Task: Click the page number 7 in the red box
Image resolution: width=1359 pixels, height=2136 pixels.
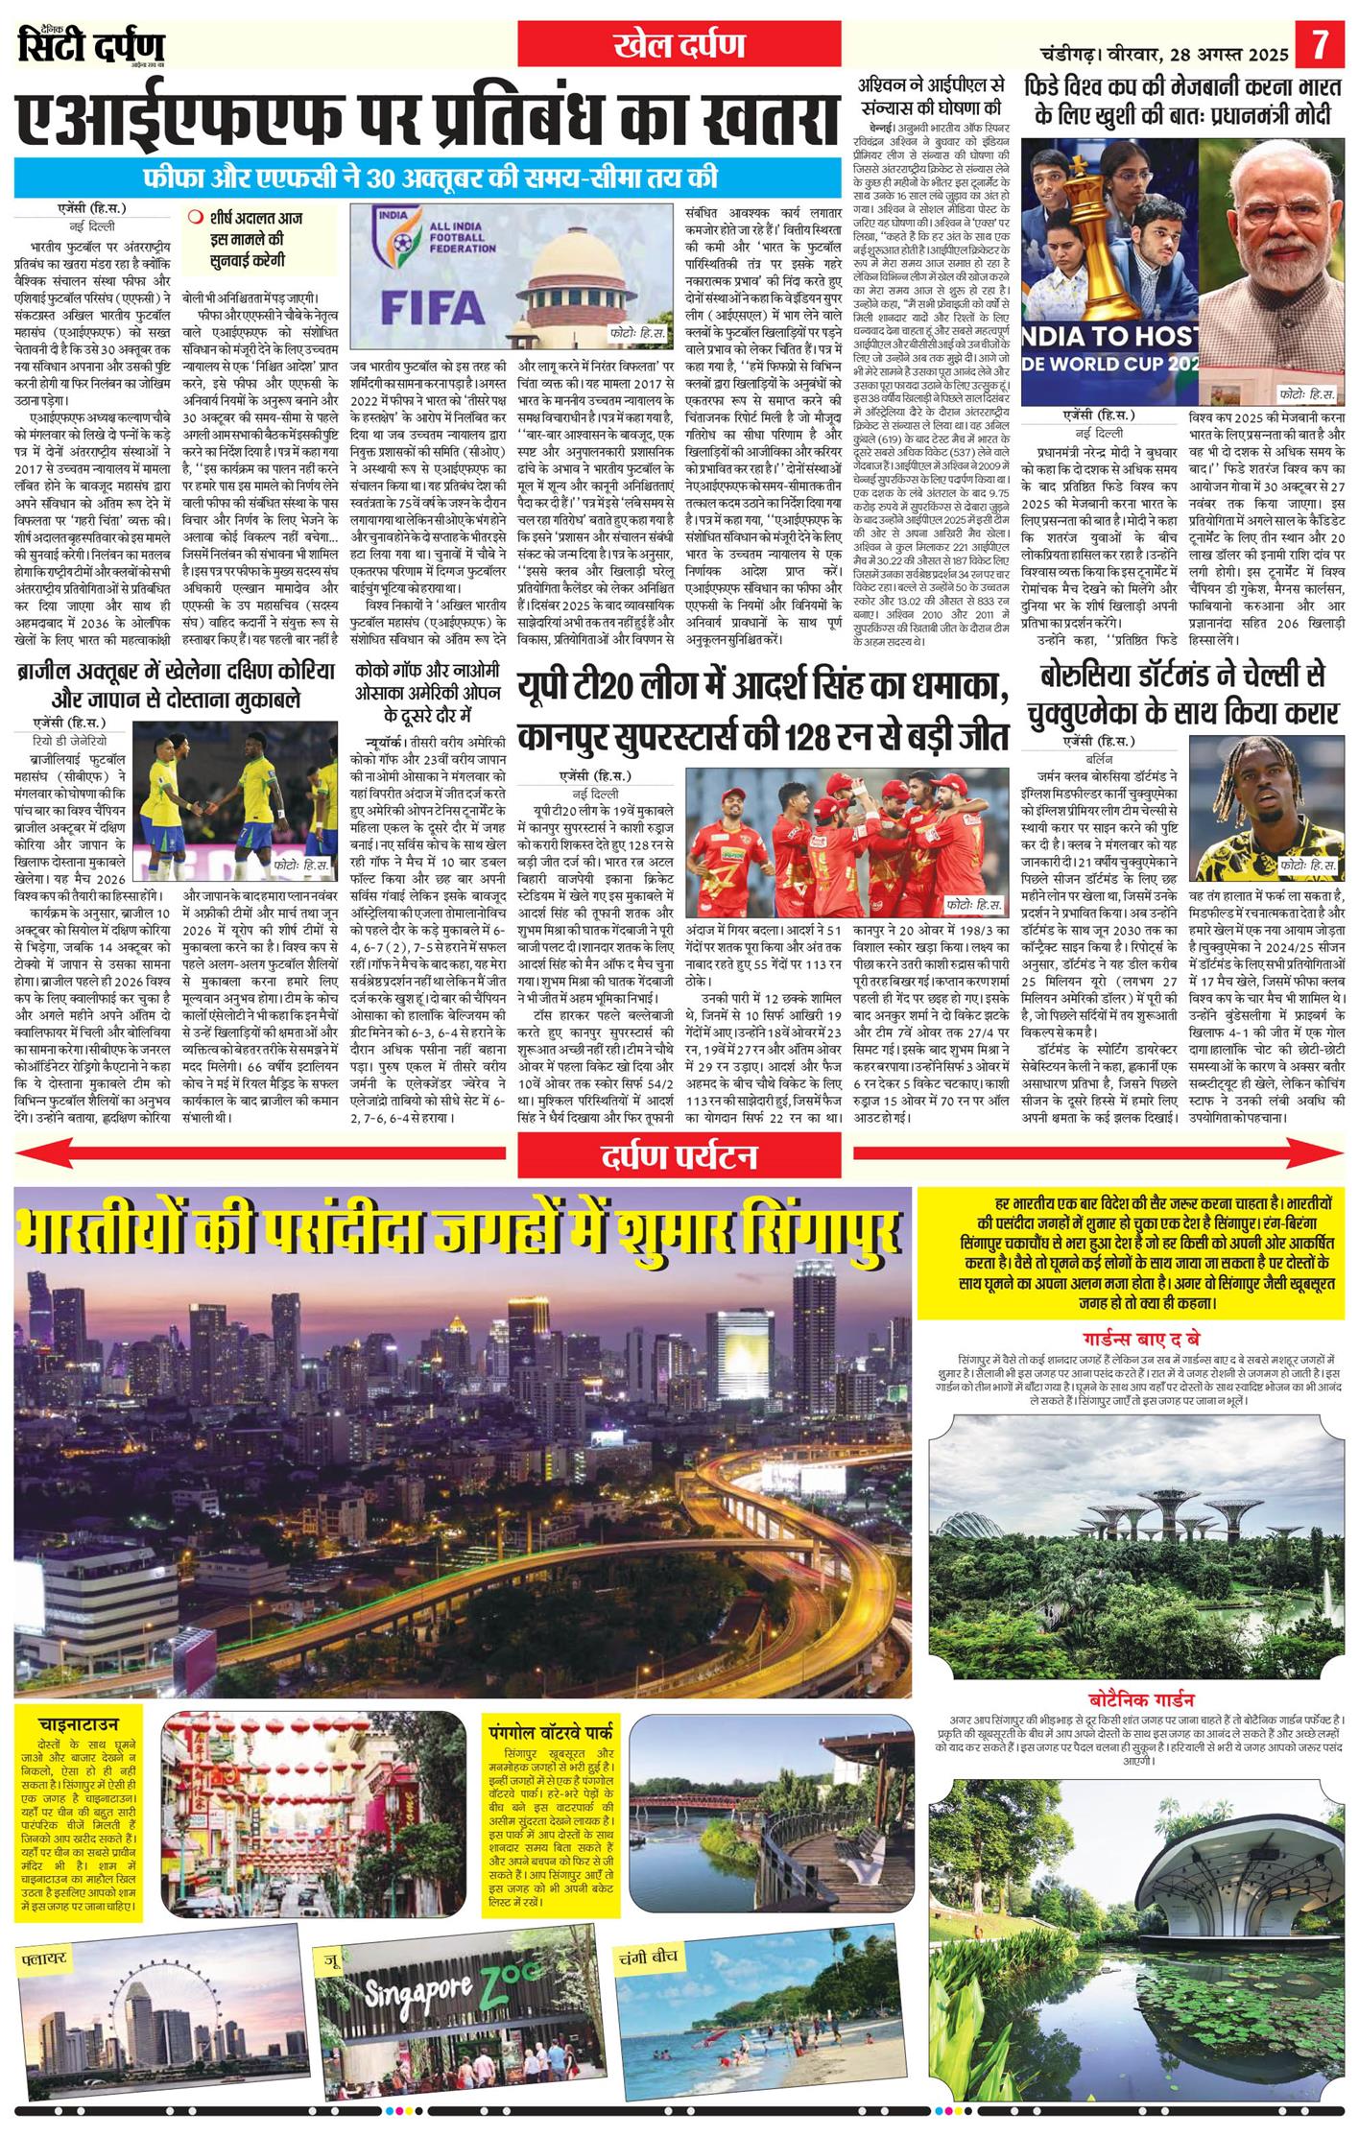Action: [x=1321, y=45]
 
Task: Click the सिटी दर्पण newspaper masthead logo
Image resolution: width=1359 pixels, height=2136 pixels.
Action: [x=92, y=45]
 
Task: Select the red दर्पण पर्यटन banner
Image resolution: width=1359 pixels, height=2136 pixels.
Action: [x=679, y=1156]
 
